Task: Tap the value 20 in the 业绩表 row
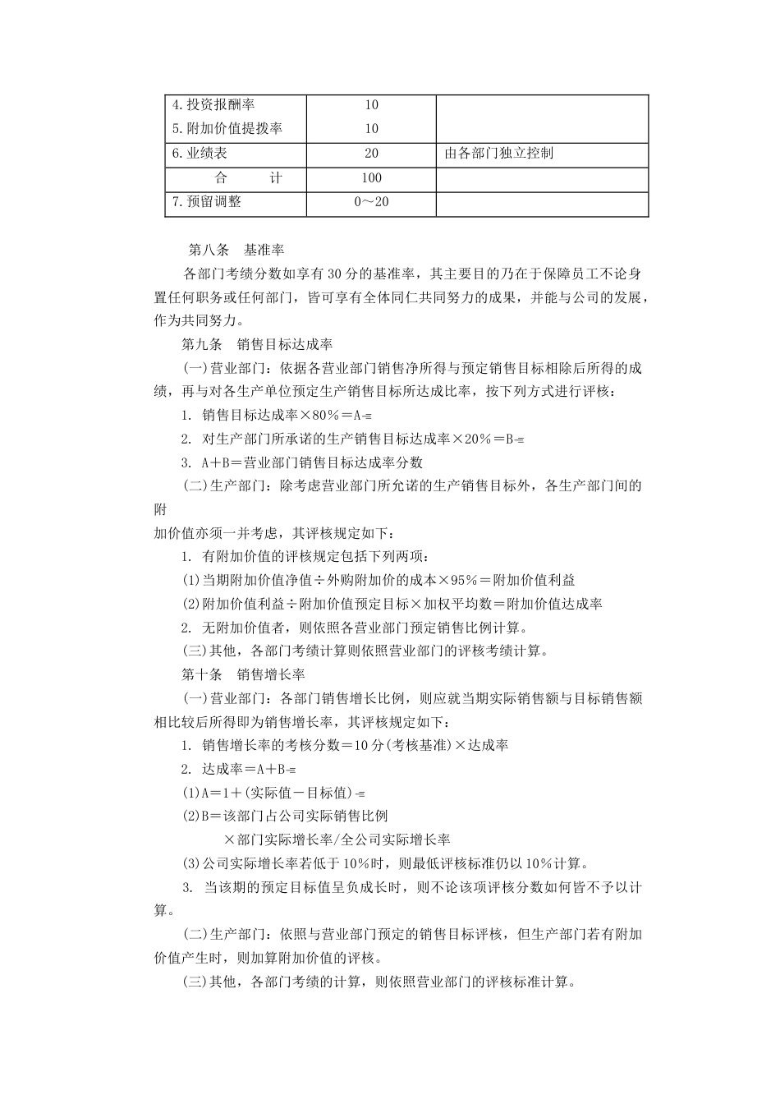coord(371,154)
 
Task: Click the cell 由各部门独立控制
coord(498,154)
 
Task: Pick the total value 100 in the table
coord(371,178)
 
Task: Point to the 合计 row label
coord(248,178)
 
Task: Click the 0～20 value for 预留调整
coord(371,202)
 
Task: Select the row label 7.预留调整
coord(207,202)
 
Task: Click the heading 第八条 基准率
coord(236,250)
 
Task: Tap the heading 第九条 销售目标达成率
coord(256,344)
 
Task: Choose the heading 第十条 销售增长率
coord(243,674)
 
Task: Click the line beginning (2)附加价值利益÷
coord(392,604)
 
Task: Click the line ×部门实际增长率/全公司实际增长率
coord(337,840)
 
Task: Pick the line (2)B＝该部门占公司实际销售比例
coord(284,816)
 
